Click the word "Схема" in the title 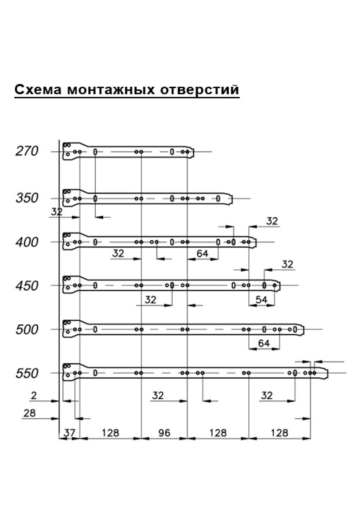(x=38, y=90)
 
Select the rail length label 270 (x=27, y=151)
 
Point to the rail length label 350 (x=27, y=198)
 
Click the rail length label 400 (x=27, y=242)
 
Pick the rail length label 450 (x=27, y=286)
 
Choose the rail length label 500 (x=27, y=330)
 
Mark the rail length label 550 (x=27, y=373)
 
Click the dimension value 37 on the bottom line (x=69, y=433)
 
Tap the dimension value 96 (x=164, y=433)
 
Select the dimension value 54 (x=261, y=299)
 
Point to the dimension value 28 (x=29, y=413)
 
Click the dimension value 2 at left (x=34, y=396)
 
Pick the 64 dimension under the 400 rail (x=202, y=253)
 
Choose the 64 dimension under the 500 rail (x=264, y=343)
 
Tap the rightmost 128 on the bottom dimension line (x=279, y=433)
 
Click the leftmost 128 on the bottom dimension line (x=110, y=433)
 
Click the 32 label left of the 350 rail (x=56, y=212)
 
